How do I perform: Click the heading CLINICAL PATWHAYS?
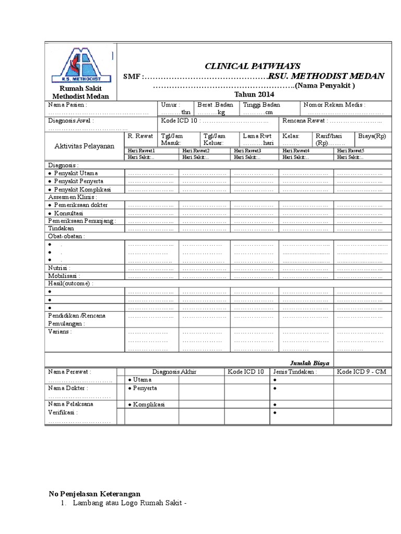[252, 66]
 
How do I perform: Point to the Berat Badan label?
[215, 105]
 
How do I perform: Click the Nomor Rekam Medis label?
[335, 105]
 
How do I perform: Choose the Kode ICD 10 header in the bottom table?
[245, 371]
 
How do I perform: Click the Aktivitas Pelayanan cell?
[85, 146]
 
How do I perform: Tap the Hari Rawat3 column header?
[247, 151]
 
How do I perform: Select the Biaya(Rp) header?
[372, 136]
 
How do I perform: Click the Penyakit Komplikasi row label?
[82, 189]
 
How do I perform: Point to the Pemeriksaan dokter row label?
[80, 205]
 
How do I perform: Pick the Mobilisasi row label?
[64, 276]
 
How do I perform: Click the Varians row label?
[60, 331]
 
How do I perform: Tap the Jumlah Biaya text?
[310, 363]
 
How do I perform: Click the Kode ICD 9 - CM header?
[362, 371]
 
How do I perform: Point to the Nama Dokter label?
[68, 388]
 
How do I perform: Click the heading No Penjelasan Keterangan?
[95, 494]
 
